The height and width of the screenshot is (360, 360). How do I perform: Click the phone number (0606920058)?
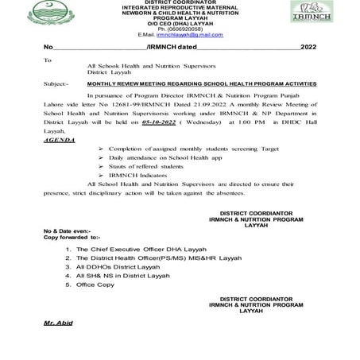(x=180, y=30)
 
